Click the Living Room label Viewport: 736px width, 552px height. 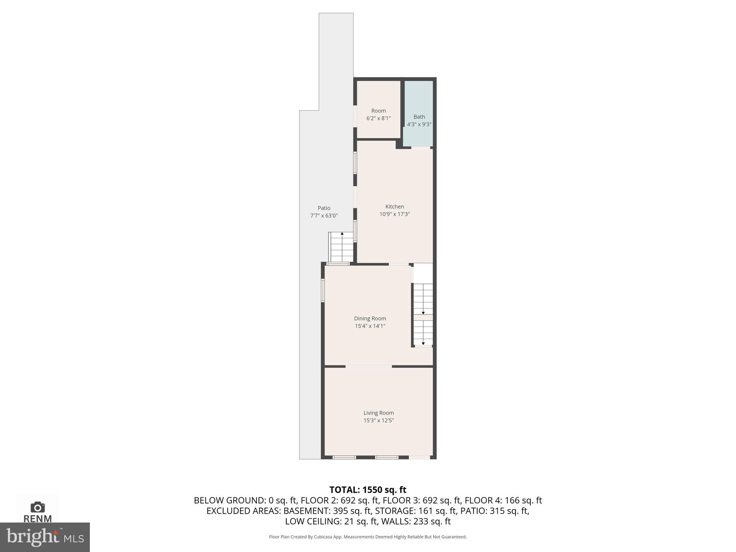pos(378,413)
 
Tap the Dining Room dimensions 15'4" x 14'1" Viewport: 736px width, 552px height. pos(370,326)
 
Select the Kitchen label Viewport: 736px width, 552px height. pos(395,207)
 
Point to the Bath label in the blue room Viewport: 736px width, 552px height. pos(419,117)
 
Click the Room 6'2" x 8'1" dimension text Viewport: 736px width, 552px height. pos(378,118)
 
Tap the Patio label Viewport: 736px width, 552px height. pos(324,208)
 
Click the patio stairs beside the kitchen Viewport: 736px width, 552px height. pos(341,248)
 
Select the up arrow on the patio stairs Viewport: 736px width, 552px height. pos(342,234)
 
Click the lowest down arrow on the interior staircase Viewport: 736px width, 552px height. pos(423,343)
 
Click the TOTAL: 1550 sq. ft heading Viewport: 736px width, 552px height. pos(368,490)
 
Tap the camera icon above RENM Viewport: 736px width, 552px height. pos(38,507)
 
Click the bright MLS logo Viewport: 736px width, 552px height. pos(45,537)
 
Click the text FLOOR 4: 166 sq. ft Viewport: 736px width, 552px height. pos(503,500)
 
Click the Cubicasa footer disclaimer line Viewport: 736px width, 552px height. pos(368,537)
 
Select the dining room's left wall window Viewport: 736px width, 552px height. pos(323,290)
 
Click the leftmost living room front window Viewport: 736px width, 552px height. pos(344,457)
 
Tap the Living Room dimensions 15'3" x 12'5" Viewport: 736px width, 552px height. pos(378,420)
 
